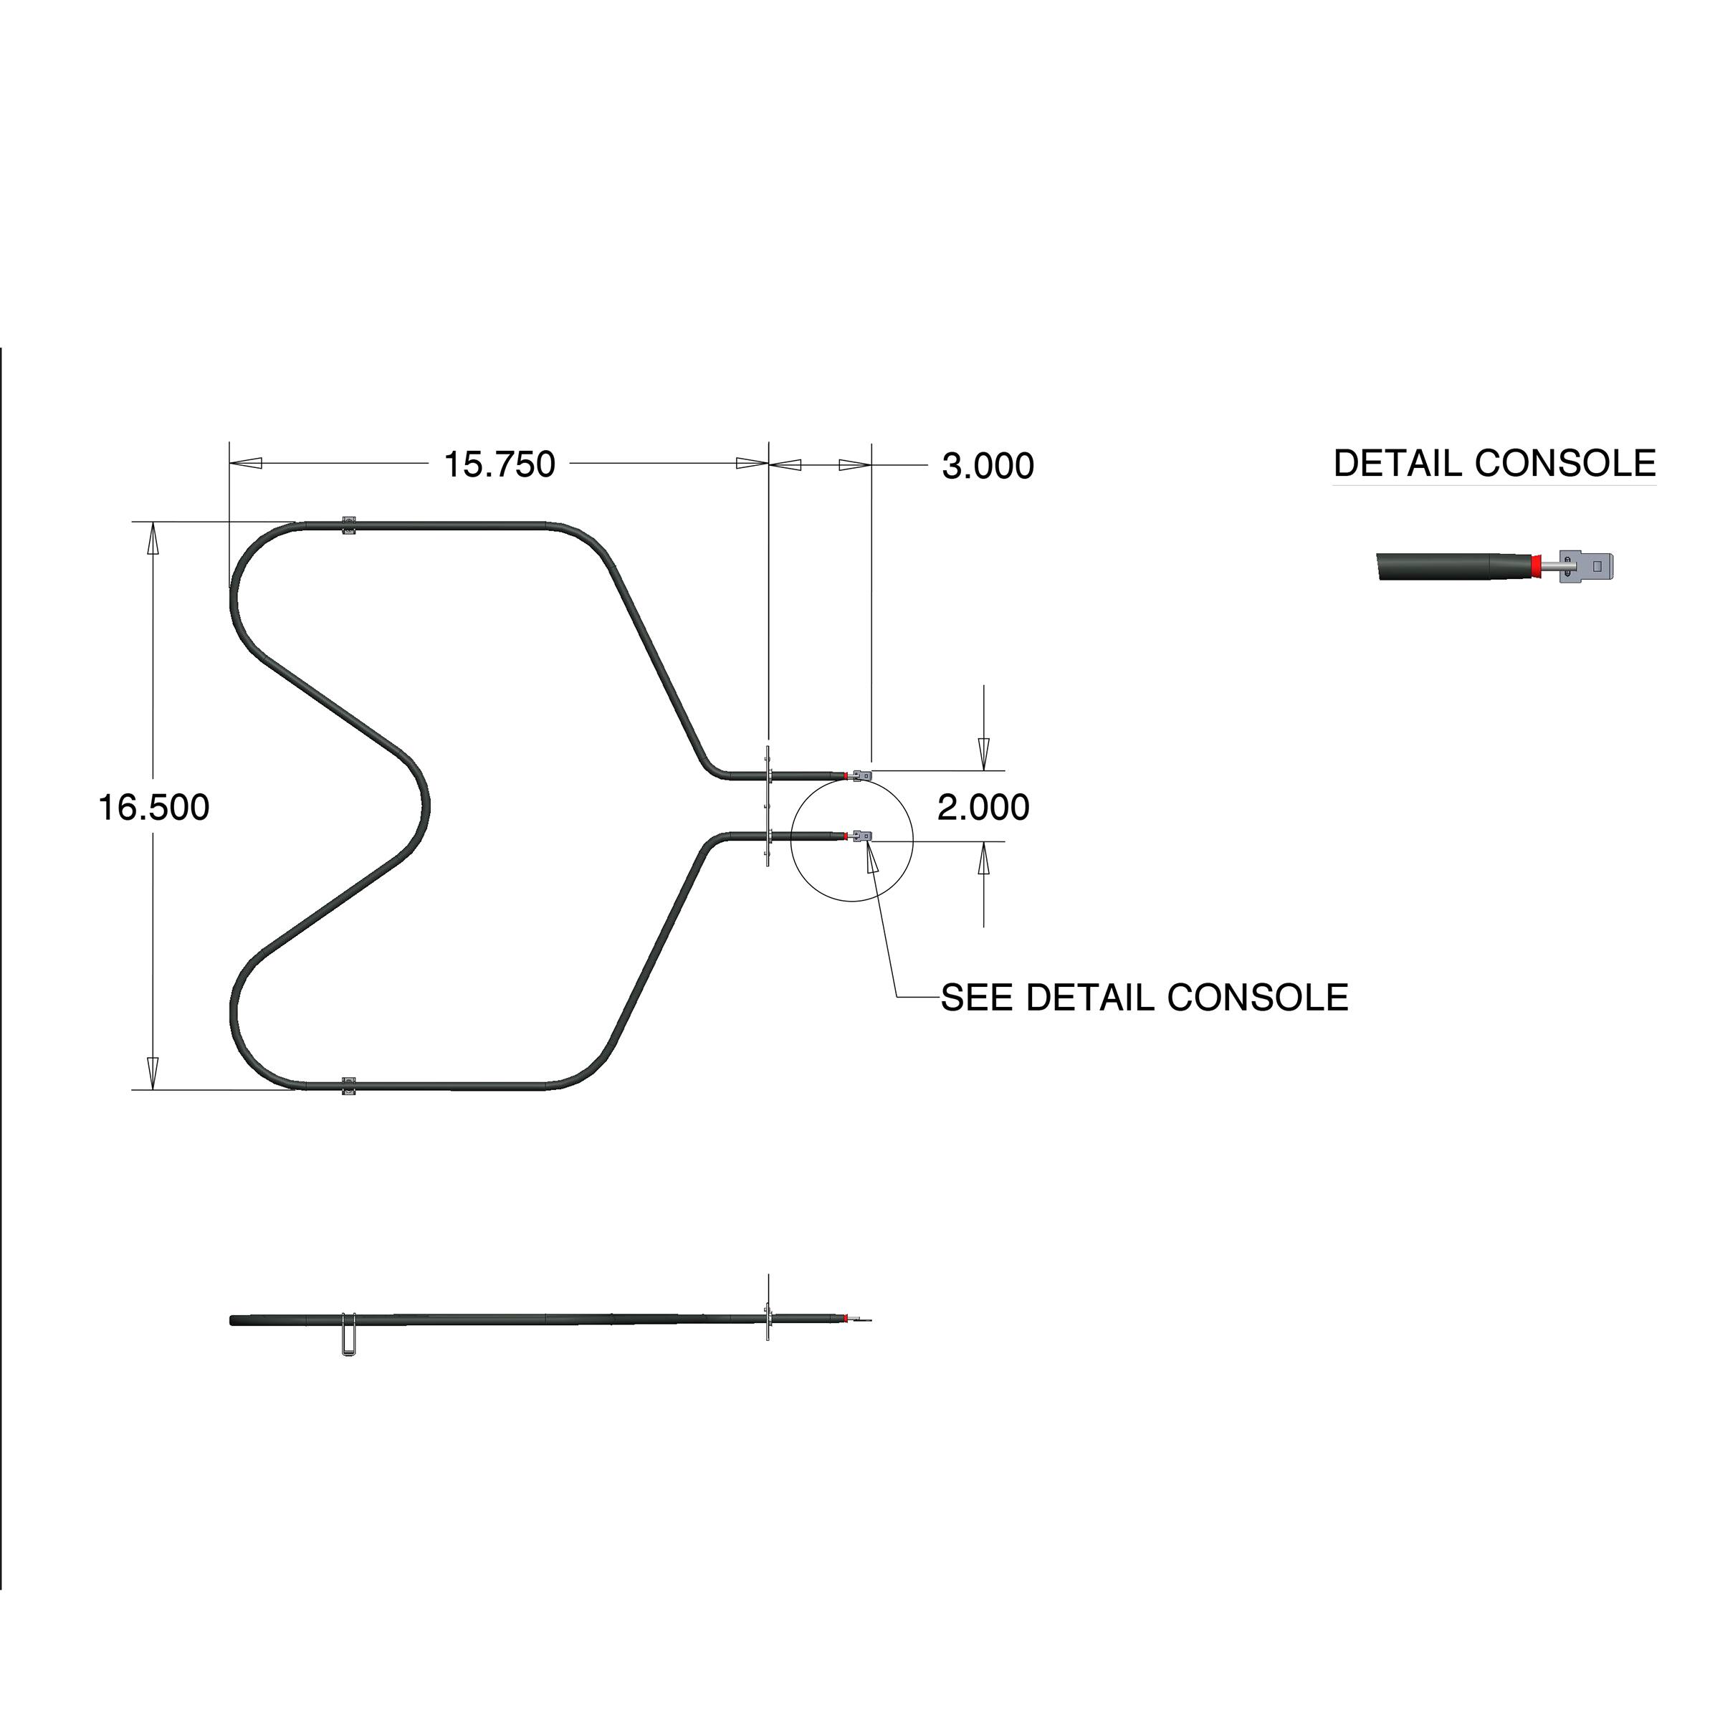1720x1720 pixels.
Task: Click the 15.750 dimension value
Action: [x=499, y=464]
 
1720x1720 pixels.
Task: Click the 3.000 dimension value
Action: [x=988, y=467]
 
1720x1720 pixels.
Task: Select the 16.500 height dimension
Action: [x=153, y=808]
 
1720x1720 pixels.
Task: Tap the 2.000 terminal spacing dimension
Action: [x=983, y=808]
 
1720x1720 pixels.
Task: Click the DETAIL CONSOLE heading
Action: [x=1494, y=464]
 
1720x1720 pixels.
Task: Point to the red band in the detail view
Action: [x=1537, y=565]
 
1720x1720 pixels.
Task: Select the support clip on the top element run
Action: [x=349, y=525]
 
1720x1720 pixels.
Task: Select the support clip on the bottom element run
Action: [x=349, y=1086]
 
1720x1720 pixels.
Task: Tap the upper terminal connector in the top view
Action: [x=860, y=775]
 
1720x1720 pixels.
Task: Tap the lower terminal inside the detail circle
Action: [x=861, y=836]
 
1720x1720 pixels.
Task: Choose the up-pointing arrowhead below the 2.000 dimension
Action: [x=983, y=860]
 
